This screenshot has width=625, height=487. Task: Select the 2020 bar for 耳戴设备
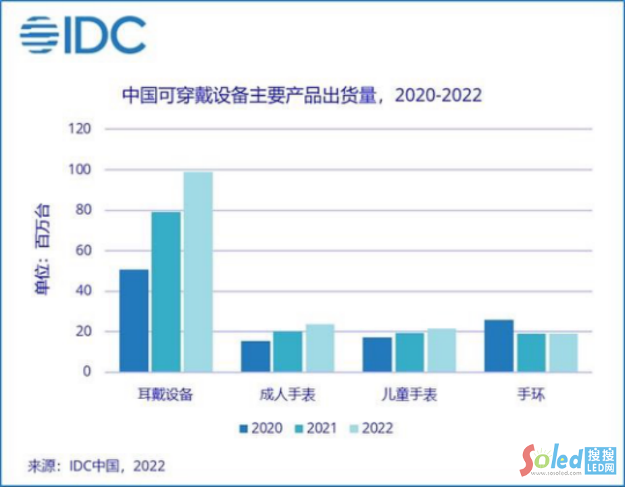click(134, 321)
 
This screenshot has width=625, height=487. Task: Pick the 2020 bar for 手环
click(499, 346)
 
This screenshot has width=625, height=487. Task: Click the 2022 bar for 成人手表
click(319, 348)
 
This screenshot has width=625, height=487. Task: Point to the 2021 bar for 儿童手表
click(409, 352)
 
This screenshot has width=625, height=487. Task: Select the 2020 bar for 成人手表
click(255, 356)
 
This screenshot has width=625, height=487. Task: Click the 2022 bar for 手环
click(563, 352)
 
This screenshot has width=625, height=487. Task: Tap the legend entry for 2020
click(259, 428)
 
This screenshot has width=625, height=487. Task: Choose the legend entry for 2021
click(314, 428)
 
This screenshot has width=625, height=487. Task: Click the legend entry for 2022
click(370, 428)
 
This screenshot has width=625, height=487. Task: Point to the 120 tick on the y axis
click(80, 129)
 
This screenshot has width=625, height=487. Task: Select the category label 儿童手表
click(409, 394)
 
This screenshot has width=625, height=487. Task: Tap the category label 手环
click(530, 394)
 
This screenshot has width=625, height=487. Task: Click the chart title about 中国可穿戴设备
click(301, 95)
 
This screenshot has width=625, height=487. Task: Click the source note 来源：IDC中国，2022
click(96, 466)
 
